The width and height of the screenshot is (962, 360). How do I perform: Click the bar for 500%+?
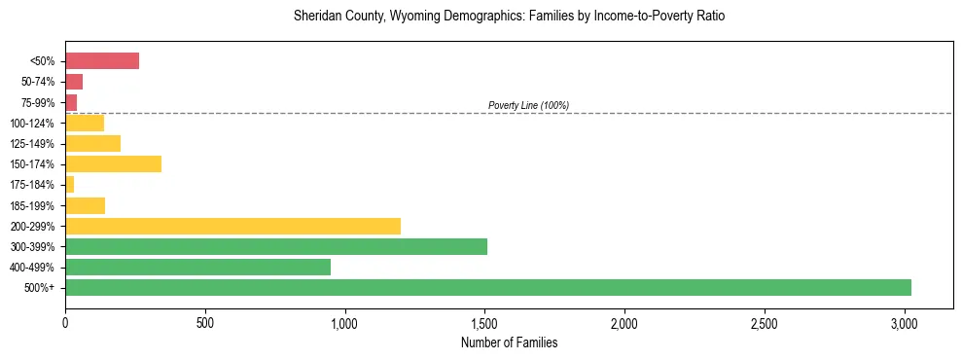487,288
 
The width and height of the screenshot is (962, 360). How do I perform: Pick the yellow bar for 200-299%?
232,226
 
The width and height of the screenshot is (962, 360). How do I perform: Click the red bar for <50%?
102,61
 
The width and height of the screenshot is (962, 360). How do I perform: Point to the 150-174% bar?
113,164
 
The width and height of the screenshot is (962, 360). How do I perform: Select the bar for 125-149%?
92,144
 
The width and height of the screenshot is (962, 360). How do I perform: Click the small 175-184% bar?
70,185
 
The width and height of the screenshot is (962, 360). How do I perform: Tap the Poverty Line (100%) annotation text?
528,105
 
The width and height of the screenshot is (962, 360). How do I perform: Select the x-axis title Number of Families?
509,342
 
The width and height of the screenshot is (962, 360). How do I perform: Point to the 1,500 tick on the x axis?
484,322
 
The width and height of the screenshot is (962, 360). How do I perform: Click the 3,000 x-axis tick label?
905,322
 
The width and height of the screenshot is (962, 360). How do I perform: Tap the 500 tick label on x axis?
205,322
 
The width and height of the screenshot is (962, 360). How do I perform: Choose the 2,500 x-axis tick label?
765,322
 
